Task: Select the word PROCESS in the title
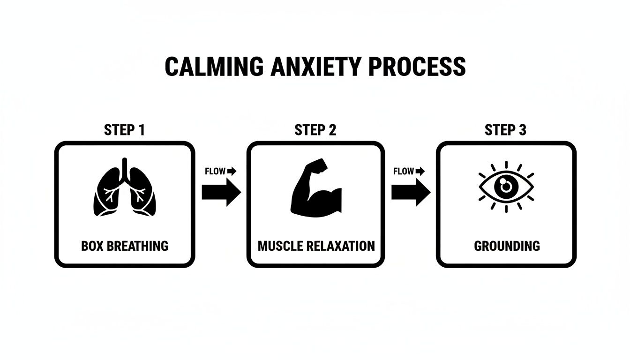click(417, 67)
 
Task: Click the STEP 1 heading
click(124, 130)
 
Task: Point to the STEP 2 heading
click(315, 130)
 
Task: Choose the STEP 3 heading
click(505, 130)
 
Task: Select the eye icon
click(506, 187)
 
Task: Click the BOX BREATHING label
click(124, 246)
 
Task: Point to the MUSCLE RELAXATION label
click(316, 246)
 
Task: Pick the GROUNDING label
click(507, 246)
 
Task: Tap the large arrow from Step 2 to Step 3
click(411, 192)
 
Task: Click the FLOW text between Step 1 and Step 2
click(215, 172)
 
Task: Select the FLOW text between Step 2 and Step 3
click(404, 172)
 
